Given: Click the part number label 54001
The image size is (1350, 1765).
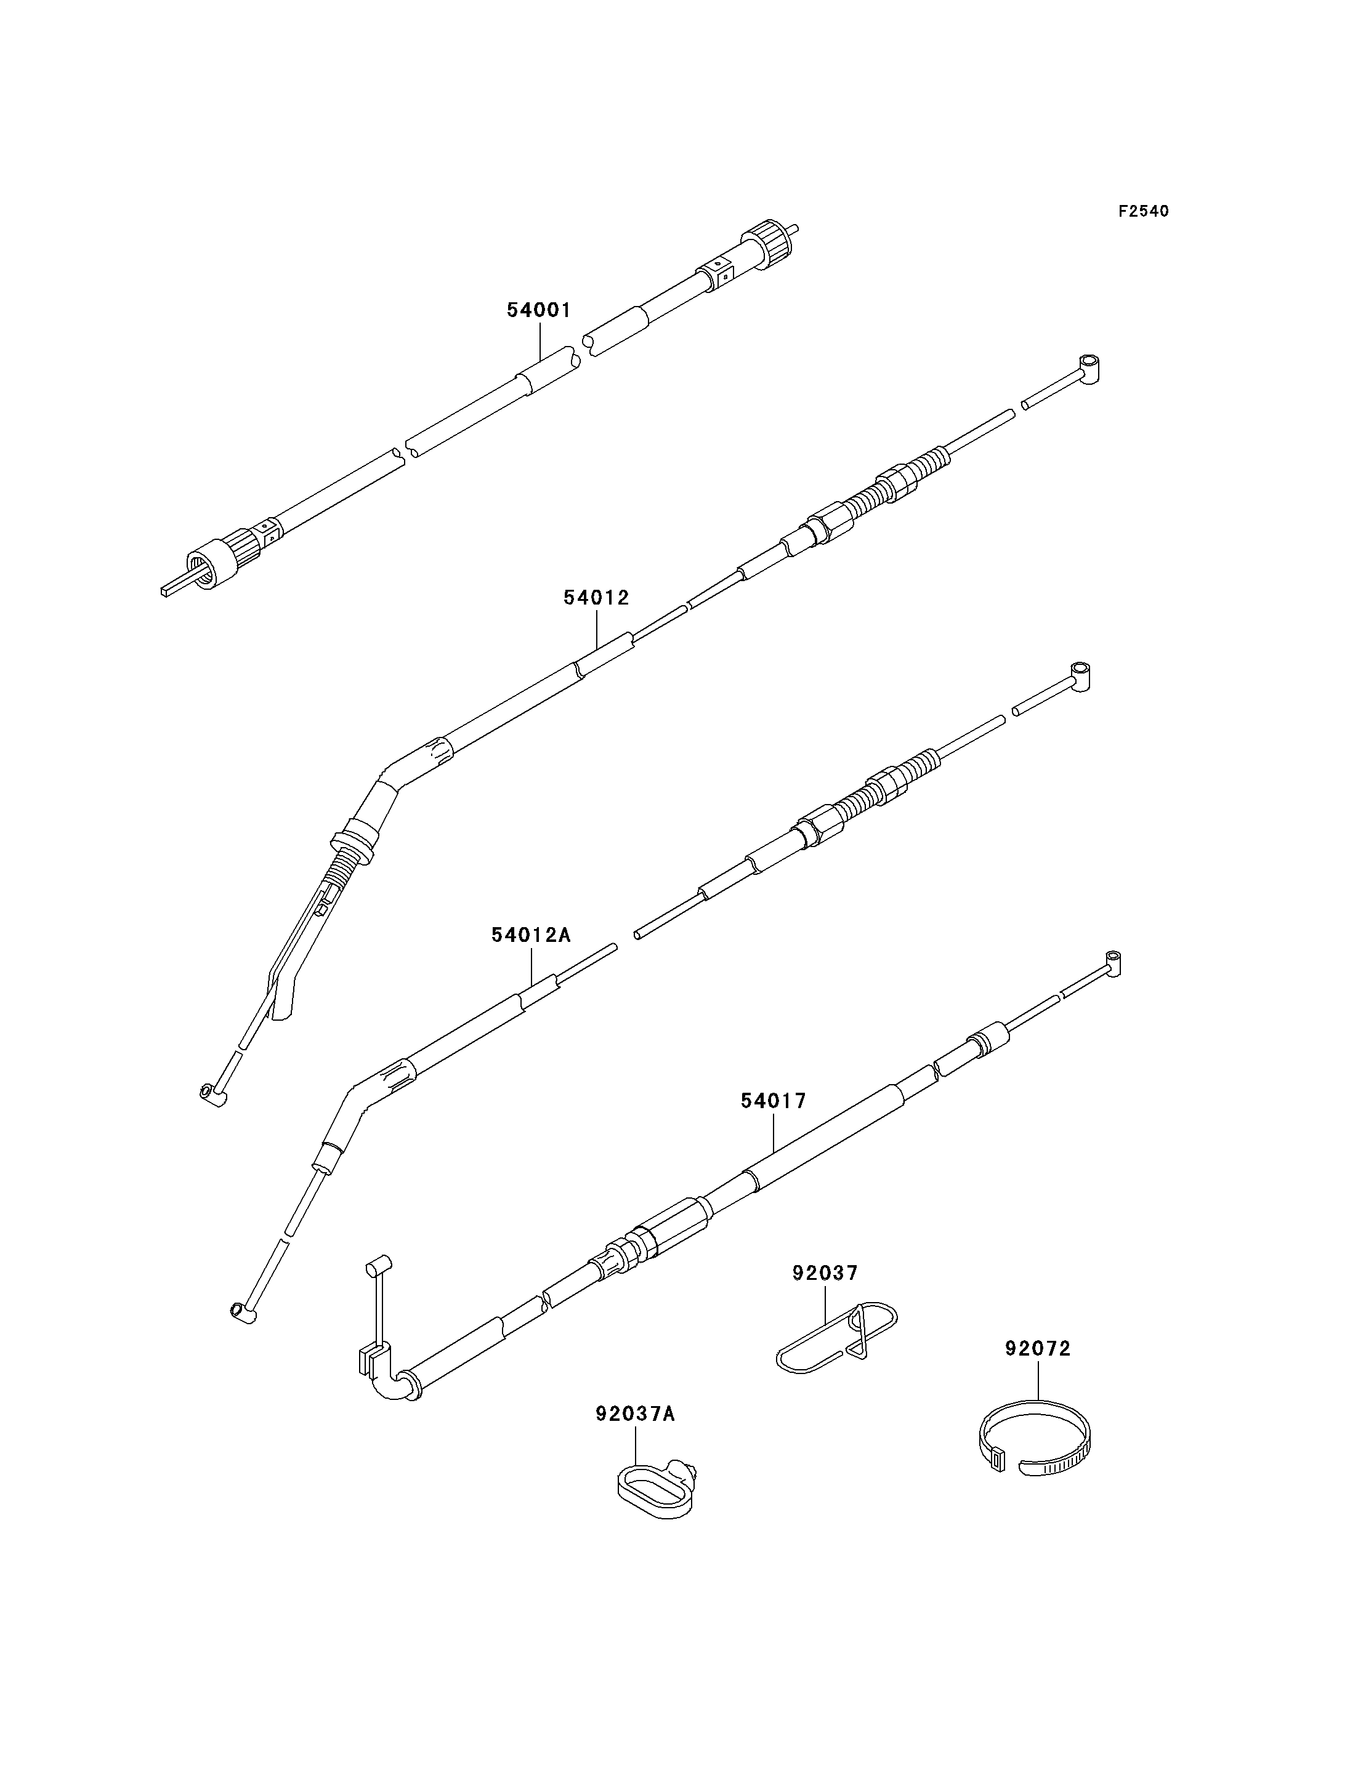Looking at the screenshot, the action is pos(538,310).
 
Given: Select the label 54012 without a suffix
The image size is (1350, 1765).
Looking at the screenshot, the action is pos(596,598).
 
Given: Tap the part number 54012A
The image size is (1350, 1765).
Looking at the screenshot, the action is pos(531,935).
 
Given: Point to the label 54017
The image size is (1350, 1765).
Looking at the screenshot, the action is pos(773,1101).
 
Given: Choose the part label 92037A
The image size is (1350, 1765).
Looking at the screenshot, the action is pos(636,1436).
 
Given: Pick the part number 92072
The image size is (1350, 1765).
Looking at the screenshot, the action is pos(1038,1349).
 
